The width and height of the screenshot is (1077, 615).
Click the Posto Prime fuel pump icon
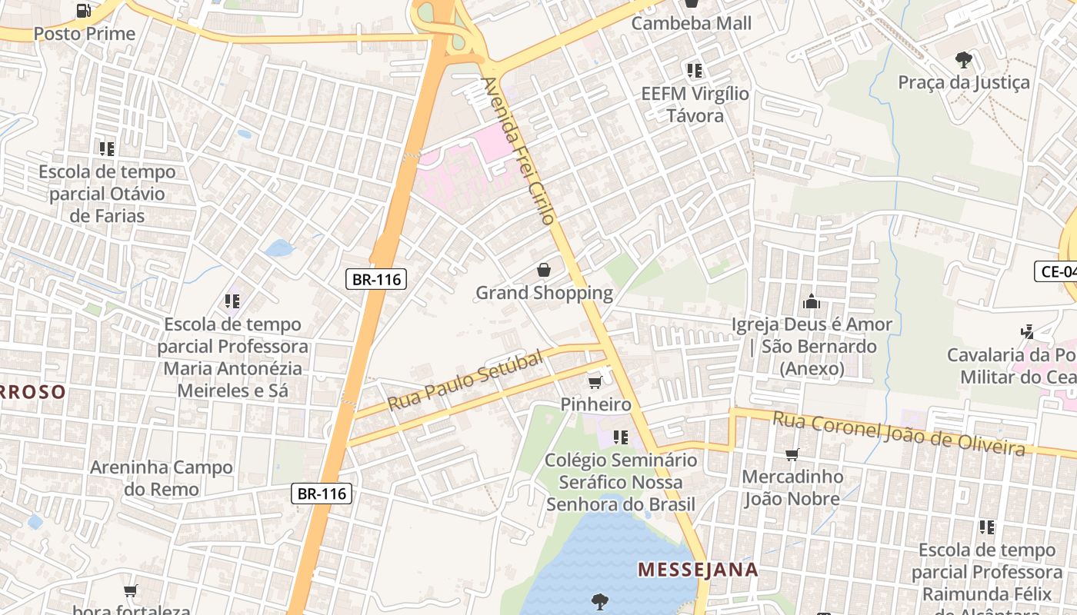pos(84,11)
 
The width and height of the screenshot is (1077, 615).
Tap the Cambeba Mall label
pos(691,23)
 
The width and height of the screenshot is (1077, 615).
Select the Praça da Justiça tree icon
pos(963,59)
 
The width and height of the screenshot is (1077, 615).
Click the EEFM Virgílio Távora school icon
pos(695,71)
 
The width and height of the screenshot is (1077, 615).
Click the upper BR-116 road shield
pos(377,279)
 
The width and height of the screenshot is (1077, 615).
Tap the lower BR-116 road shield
pos(322,494)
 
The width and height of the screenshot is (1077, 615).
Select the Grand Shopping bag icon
pos(544,270)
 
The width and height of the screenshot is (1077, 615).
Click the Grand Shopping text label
pos(544,293)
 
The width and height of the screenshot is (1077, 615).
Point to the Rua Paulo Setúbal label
pos(465,380)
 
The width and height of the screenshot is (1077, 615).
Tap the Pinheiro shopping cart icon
pos(595,382)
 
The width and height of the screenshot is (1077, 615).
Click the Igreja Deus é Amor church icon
pos(811,302)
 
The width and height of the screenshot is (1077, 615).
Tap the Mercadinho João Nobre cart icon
pos(792,454)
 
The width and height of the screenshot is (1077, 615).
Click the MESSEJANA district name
pos(698,570)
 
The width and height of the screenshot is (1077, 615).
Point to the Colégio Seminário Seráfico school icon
pos(620,437)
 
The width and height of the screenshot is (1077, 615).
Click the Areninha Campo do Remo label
pos(161,478)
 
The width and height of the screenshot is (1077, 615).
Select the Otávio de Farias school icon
pos(106,148)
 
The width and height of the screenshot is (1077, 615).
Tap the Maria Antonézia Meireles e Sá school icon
pos(232,301)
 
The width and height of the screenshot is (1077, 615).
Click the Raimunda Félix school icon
pos(987,527)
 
